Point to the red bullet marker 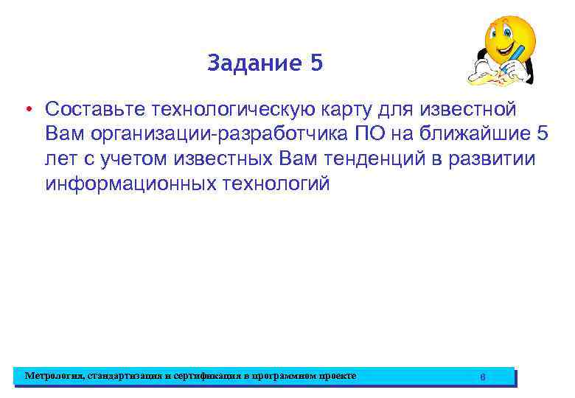coord(25,111)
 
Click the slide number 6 coord(482,377)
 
